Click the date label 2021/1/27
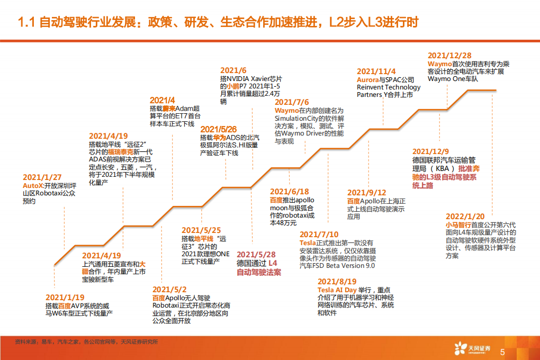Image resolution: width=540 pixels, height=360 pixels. tap(42, 177)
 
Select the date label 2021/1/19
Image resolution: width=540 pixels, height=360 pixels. tap(65, 298)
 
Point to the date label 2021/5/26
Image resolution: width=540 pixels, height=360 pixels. tap(218, 129)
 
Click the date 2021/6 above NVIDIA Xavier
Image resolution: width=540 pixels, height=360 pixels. tap(233, 70)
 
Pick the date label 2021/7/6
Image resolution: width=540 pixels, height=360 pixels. tap(292, 102)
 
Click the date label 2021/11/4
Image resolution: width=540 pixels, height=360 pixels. tap(376, 71)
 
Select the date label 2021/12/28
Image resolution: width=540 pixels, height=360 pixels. tap(449, 56)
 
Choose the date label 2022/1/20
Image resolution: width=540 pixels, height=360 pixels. tap(465, 217)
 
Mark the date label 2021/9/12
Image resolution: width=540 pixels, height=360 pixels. tap(366, 193)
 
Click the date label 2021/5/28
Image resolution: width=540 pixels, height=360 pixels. tap(256, 255)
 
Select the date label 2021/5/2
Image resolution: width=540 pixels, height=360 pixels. tap(169, 289)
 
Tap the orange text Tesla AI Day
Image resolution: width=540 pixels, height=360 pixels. tap(337, 290)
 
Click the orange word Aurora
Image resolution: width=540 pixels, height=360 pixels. tap(368, 79)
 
